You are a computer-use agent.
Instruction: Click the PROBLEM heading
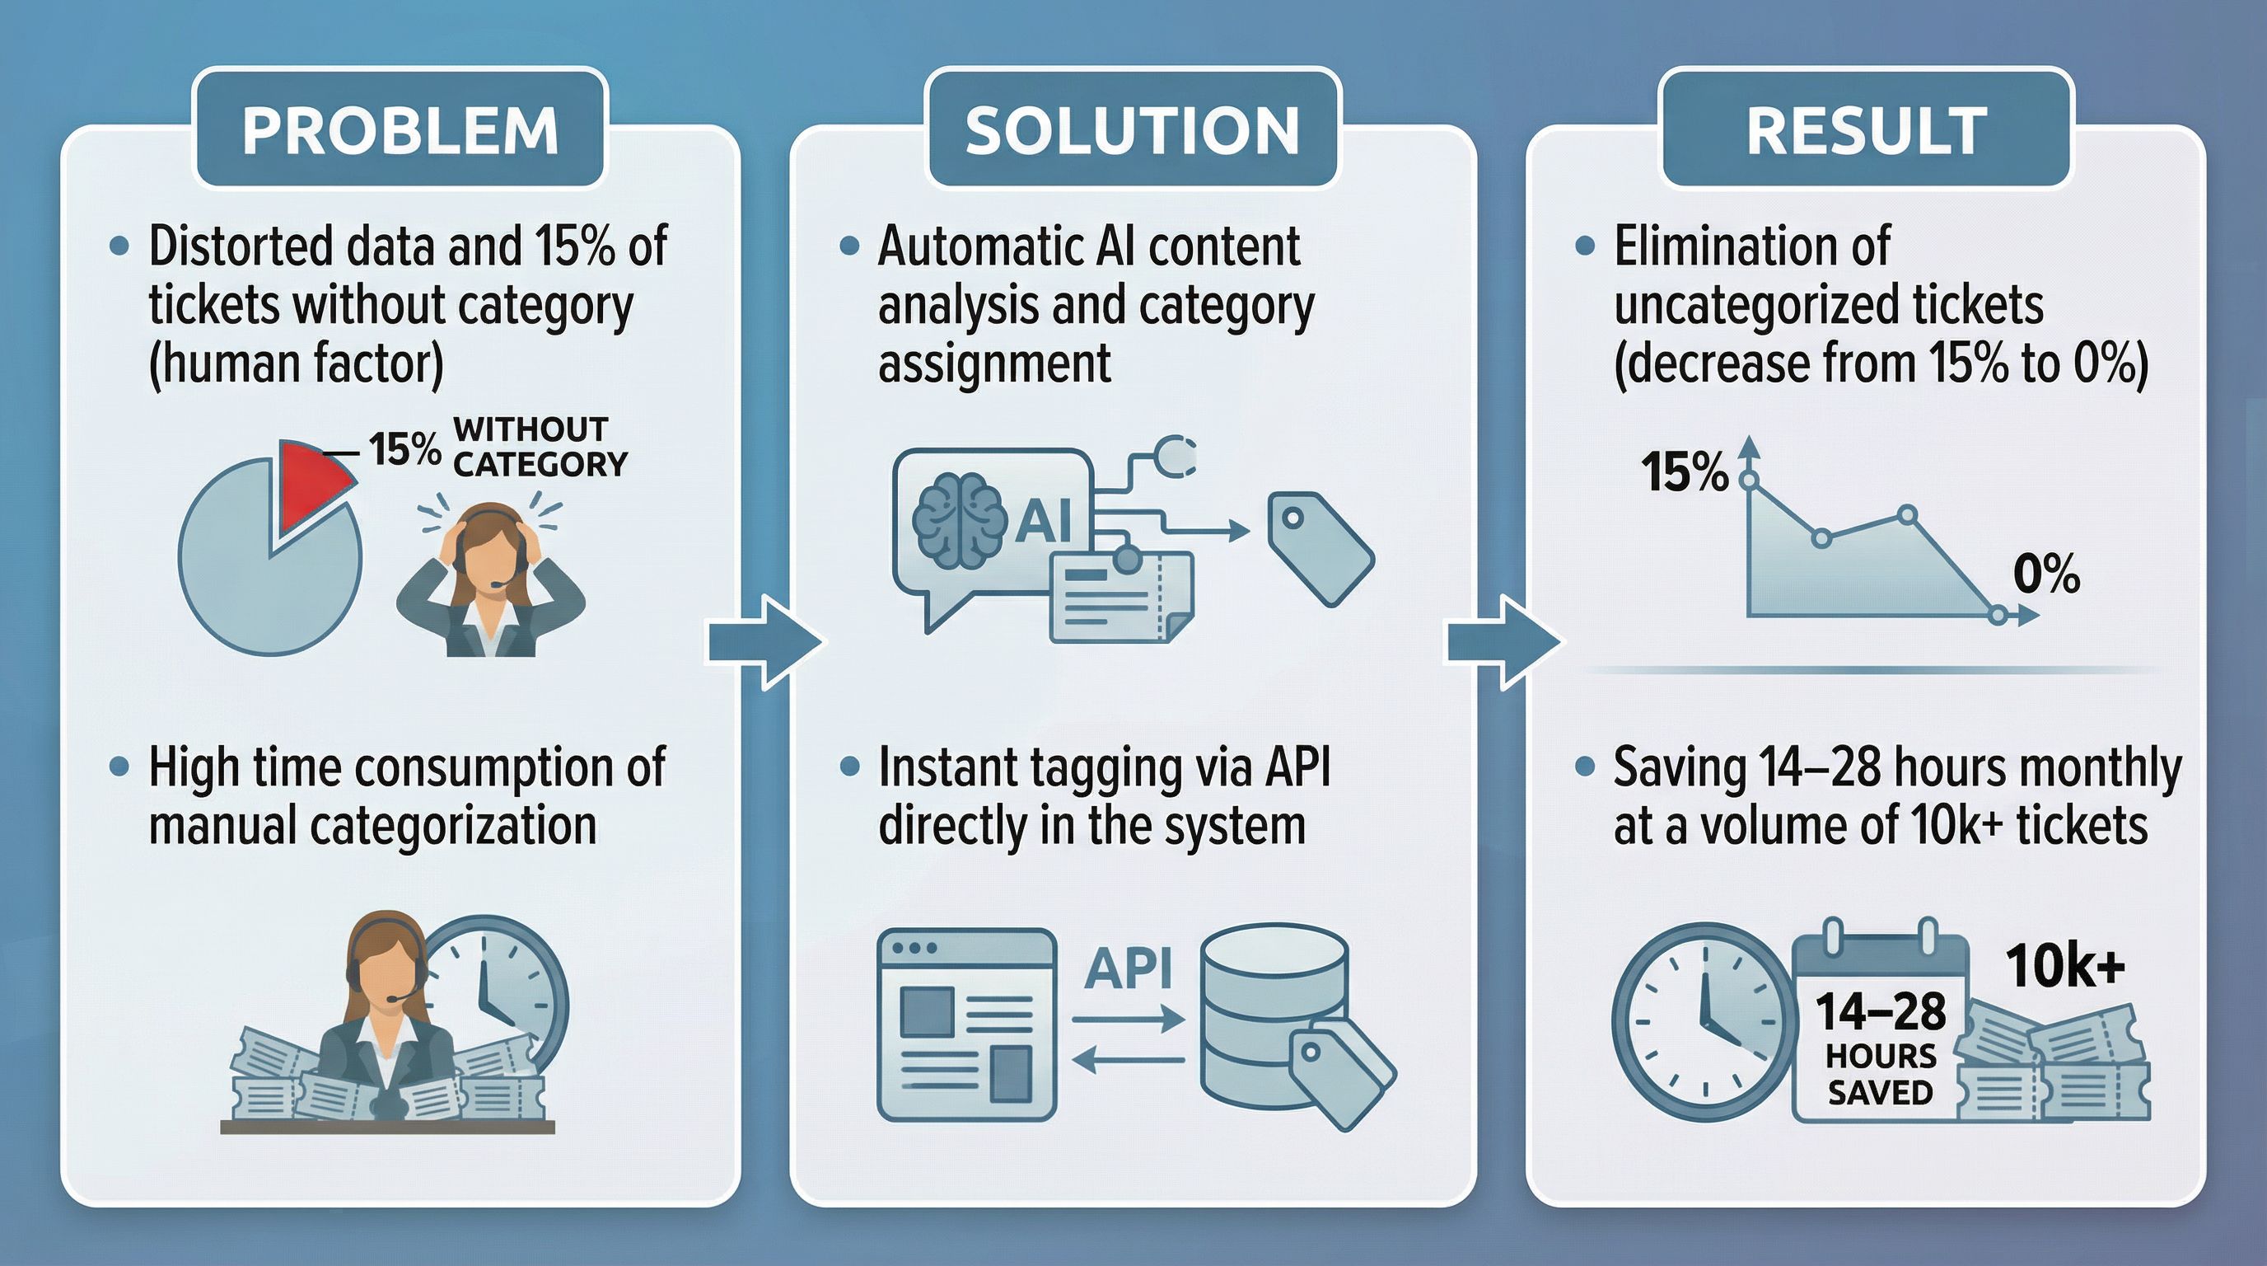(x=400, y=130)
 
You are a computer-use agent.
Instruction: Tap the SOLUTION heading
(x=1133, y=130)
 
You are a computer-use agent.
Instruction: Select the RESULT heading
(x=1867, y=130)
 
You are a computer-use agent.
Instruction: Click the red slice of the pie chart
(x=311, y=481)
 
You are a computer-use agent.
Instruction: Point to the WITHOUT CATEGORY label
(x=539, y=448)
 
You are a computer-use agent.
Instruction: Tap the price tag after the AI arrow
(x=1318, y=547)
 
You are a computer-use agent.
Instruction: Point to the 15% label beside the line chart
(x=1684, y=472)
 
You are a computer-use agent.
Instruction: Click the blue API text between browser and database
(x=1129, y=968)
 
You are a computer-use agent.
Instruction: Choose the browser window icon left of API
(x=966, y=1024)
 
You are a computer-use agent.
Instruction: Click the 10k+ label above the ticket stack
(x=2064, y=967)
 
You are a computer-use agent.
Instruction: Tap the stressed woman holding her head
(x=490, y=579)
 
